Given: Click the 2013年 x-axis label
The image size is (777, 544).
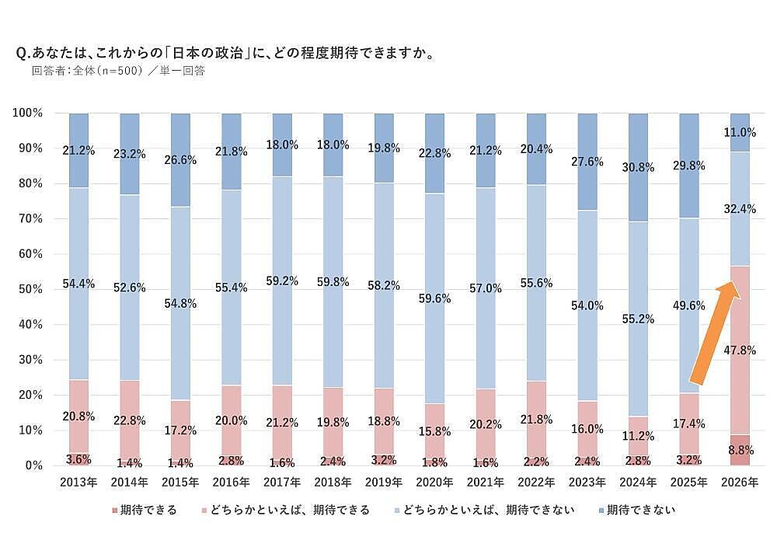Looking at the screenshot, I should coord(78,483).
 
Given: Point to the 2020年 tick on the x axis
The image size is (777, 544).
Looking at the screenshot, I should coord(434,483).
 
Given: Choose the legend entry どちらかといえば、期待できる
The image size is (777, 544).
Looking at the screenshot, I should coord(290,511).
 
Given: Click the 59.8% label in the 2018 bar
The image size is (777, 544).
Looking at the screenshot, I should coord(333,281).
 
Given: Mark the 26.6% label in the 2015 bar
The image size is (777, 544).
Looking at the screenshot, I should coord(180,159).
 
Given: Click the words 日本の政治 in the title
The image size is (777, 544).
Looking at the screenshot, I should coord(204,54).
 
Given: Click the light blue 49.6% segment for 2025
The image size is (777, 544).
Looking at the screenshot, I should coord(689,311).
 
